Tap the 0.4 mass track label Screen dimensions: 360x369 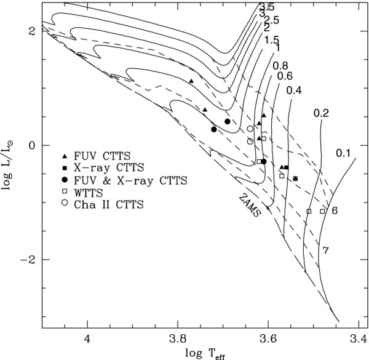(x=294, y=90)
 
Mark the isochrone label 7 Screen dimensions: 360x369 (x=325, y=249)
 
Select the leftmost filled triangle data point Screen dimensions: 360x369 (x=191, y=81)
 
